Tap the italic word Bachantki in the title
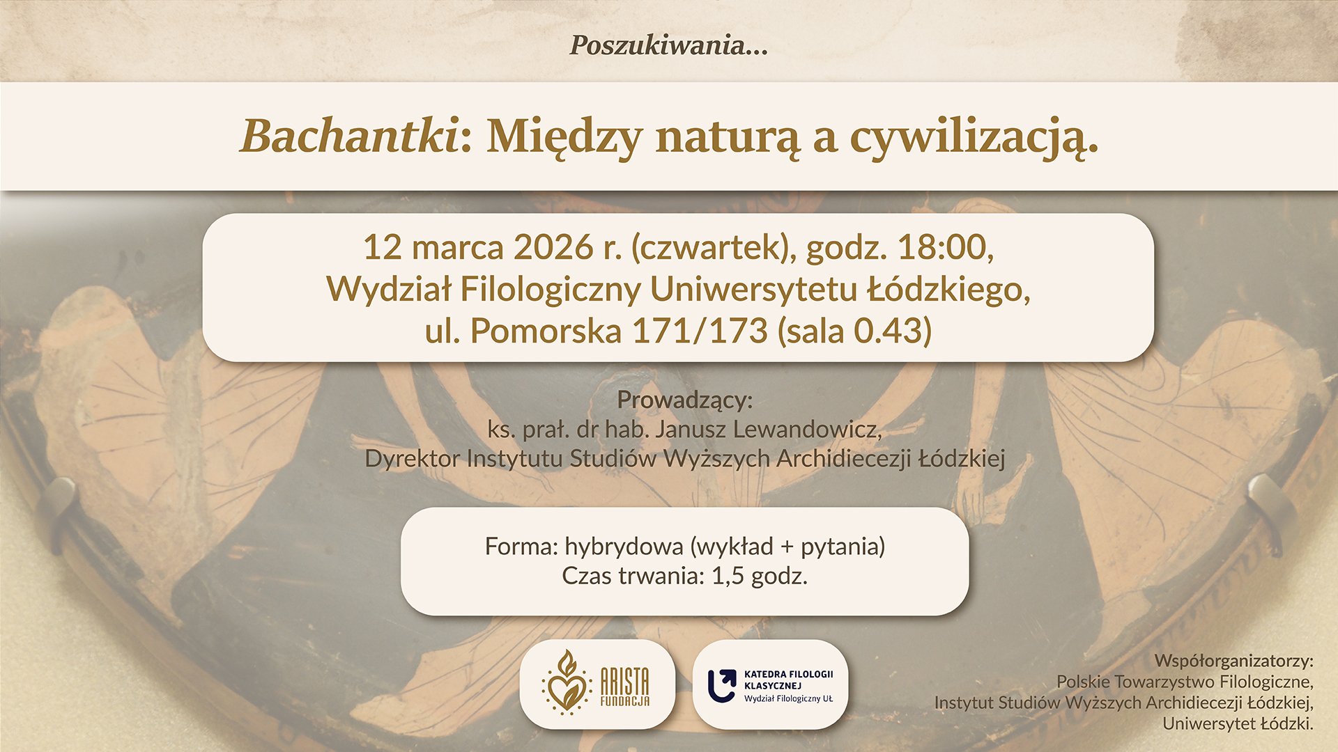[349, 136]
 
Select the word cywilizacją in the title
[974, 140]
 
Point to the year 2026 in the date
[553, 247]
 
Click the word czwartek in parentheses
[714, 248]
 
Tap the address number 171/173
[700, 331]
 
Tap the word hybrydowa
[624, 547]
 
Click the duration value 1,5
[728, 577]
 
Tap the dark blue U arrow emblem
[722, 686]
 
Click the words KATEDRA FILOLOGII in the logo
[788, 674]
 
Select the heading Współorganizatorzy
[1233, 660]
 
